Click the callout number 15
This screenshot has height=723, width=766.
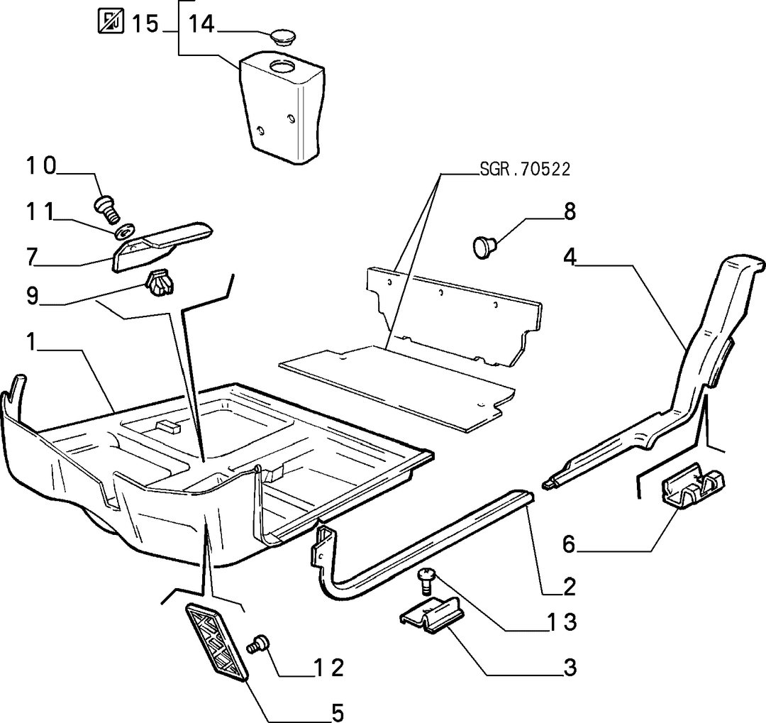pos(145,23)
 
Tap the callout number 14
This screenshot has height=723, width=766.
pos(201,23)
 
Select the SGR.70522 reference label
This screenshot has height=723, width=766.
pos(525,169)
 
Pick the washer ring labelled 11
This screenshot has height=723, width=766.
pos(126,231)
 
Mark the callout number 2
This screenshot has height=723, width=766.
pos(569,586)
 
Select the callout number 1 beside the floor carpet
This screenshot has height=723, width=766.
pos(31,342)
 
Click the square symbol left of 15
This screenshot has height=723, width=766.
pos(111,21)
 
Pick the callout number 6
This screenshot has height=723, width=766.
pos(569,544)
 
